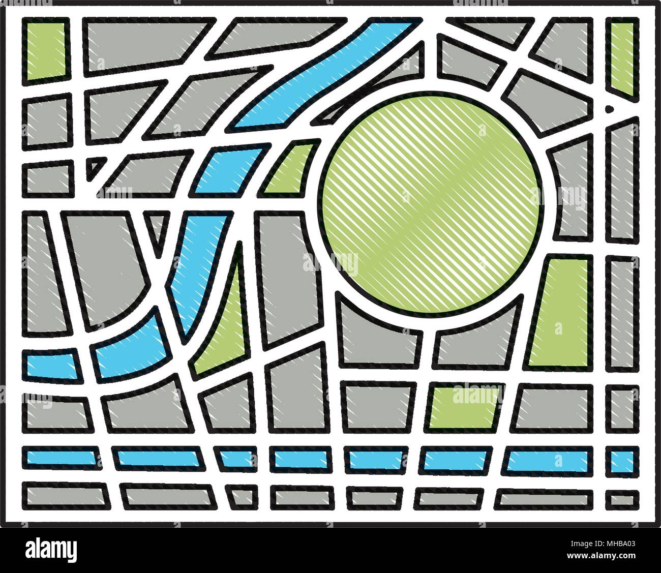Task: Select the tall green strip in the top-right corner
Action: click(x=623, y=56)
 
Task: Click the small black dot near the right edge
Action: click(x=609, y=108)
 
